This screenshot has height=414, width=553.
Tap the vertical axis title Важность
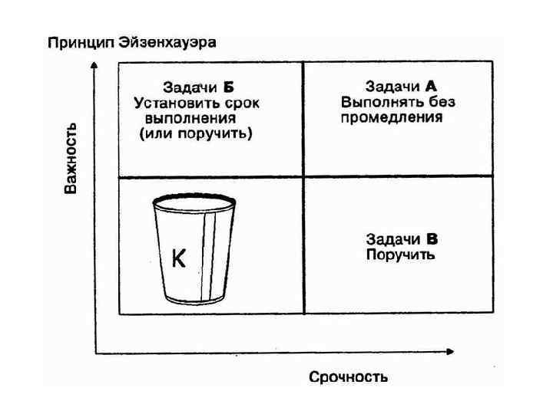click(71, 158)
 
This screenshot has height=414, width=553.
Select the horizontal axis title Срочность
click(348, 376)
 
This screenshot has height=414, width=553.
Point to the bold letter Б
click(228, 87)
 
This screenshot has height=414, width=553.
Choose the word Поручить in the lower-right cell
click(400, 255)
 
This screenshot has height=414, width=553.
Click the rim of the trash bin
click(192, 202)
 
